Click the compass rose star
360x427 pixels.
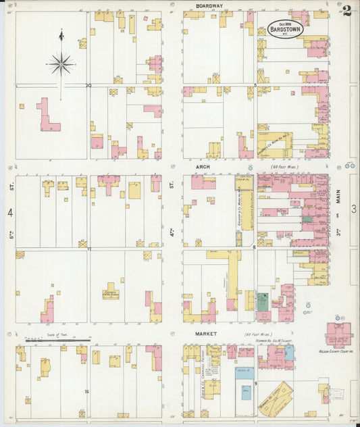tap(61, 64)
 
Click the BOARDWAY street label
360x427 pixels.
tap(209, 5)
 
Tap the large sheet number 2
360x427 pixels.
tap(346, 10)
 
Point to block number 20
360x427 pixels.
tap(88, 85)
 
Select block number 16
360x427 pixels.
tap(86, 391)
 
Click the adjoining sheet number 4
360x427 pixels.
tap(10, 213)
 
